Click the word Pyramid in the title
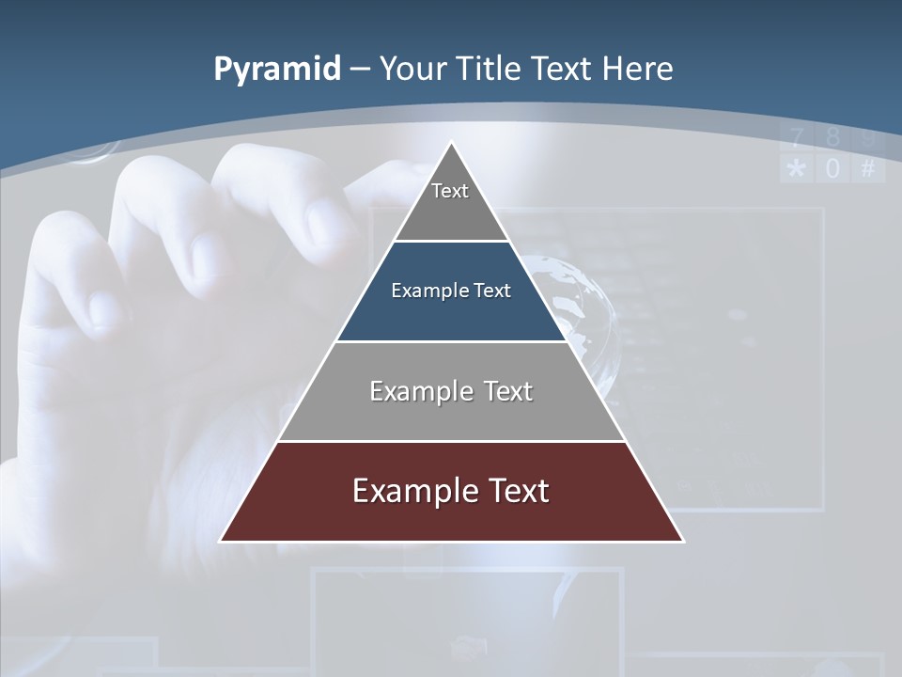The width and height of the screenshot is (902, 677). [x=276, y=70]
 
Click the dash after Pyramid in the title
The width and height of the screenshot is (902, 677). [x=358, y=70]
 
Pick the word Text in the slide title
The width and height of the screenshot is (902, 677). [x=566, y=70]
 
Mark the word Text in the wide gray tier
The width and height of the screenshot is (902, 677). [x=503, y=391]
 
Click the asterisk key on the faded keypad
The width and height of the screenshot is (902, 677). [x=797, y=169]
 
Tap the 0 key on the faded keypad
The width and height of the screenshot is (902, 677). [x=832, y=169]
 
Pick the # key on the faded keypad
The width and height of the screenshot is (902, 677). [x=868, y=169]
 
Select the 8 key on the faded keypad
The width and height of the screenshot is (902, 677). [x=832, y=138]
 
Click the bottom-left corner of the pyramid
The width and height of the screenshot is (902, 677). [x=222, y=541]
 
